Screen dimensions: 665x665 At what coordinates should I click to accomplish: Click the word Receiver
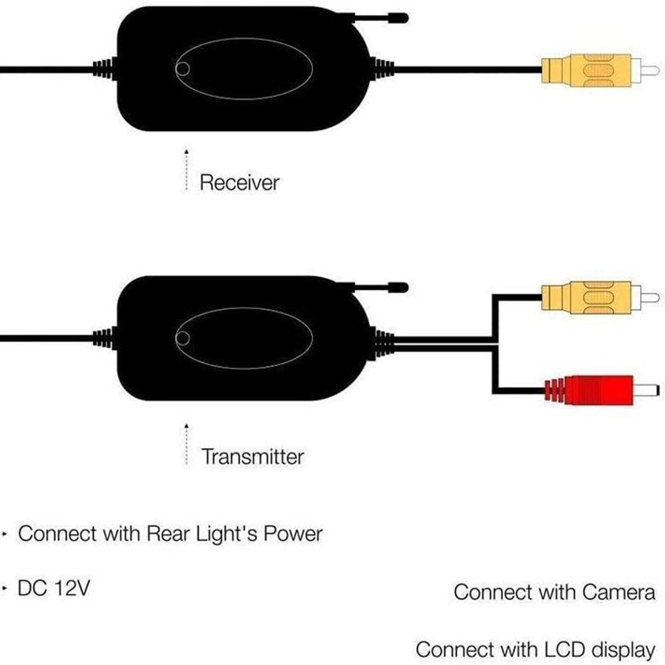point(239,182)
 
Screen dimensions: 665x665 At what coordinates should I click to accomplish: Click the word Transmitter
point(253,457)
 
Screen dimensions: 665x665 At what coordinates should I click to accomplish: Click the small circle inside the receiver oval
point(182,69)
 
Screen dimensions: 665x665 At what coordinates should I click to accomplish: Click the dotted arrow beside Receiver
point(187,170)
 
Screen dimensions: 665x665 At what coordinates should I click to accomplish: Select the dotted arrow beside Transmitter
point(187,444)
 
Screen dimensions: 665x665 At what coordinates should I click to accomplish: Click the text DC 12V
point(53,588)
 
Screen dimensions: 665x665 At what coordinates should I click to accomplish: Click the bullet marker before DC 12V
point(6,588)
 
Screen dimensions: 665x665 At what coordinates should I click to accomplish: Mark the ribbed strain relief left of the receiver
point(104,69)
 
